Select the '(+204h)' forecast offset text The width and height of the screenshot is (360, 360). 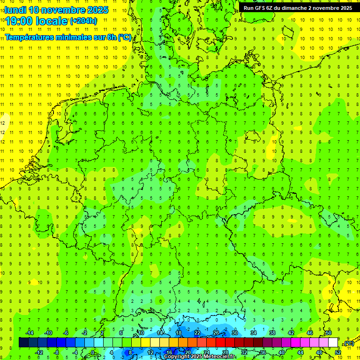[x=83, y=21]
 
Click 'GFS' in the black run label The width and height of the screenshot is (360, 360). [x=260, y=8]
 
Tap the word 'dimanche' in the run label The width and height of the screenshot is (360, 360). [x=299, y=8]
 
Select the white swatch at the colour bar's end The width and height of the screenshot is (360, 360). [x=333, y=343]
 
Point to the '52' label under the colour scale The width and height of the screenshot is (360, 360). [x=338, y=352]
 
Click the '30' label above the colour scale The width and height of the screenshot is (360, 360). [x=235, y=333]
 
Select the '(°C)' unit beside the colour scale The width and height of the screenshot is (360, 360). [x=349, y=343]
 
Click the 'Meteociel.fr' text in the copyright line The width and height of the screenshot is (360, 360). [x=217, y=357]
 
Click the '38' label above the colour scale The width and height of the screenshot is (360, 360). [x=272, y=333]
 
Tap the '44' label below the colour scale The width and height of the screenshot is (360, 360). [x=300, y=352]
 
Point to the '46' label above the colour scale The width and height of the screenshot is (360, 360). [x=310, y=333]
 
